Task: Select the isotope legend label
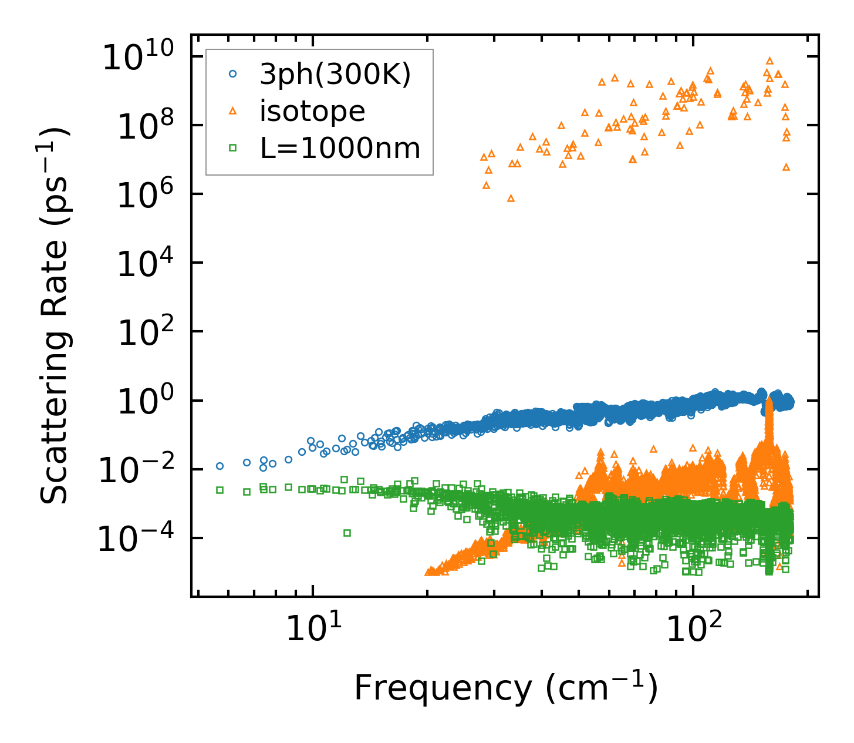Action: (x=312, y=111)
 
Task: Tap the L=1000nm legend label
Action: (x=340, y=148)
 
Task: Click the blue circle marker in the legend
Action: (x=233, y=74)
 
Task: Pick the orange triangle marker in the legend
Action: (x=233, y=110)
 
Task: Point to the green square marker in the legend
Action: (x=233, y=148)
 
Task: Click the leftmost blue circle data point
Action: (x=220, y=466)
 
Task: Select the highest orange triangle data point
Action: (x=769, y=60)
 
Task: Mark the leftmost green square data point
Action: (x=220, y=490)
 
